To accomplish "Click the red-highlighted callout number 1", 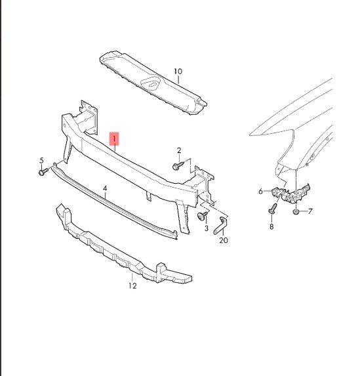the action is click(114, 139).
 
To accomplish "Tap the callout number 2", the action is click(179, 150).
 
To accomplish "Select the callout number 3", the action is click(207, 228).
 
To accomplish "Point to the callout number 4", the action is click(105, 188).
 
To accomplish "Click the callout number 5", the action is click(42, 160).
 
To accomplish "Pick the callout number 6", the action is click(261, 192).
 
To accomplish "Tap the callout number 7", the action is click(310, 211).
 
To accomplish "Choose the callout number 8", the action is click(271, 226).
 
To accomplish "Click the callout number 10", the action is click(178, 72).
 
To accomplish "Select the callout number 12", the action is click(132, 285).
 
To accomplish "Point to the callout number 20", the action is click(224, 240).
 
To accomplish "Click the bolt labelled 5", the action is click(43, 171).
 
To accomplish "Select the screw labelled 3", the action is click(203, 215).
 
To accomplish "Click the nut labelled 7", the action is click(296, 211).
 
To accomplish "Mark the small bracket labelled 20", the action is click(220, 226).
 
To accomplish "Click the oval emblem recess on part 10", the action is click(151, 84).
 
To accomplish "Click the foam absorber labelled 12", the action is click(122, 247).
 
